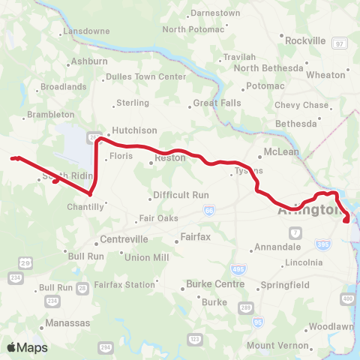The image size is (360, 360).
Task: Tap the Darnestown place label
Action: coord(214,13)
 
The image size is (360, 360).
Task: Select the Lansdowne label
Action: coord(86,31)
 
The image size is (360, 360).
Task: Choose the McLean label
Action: coord(281,151)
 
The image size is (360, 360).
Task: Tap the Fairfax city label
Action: coord(193,237)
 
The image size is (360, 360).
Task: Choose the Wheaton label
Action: coord(325,75)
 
